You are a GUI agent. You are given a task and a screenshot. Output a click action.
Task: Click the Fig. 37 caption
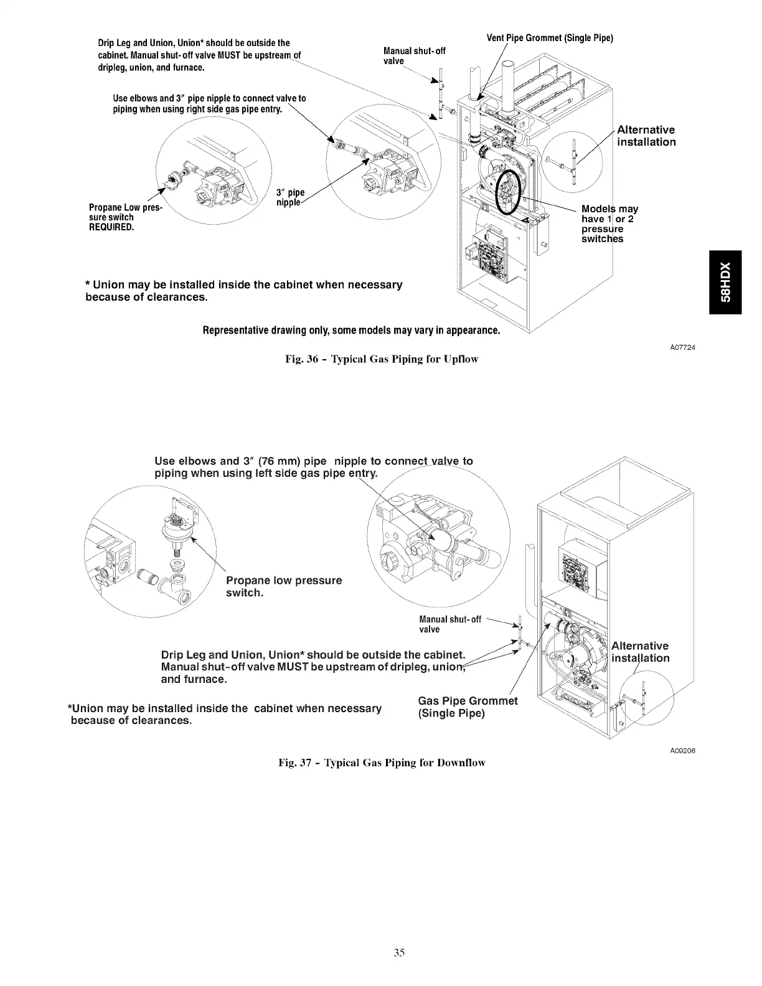click(x=382, y=762)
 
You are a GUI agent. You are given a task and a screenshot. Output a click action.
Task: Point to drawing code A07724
click(x=682, y=347)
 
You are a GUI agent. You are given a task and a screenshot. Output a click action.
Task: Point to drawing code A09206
click(x=682, y=751)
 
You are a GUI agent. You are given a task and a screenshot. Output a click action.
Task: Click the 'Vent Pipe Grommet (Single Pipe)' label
click(x=550, y=38)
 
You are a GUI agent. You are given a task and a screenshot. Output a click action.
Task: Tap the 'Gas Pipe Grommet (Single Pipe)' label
click(x=468, y=707)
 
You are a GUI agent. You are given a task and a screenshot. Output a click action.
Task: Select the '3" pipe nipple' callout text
click(x=290, y=197)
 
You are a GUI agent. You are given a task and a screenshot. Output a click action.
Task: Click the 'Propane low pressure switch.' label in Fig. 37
click(x=283, y=586)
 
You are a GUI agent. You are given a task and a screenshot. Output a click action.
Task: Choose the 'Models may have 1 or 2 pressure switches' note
click(x=609, y=223)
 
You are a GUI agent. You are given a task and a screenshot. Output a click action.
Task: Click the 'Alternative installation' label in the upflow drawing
click(x=646, y=136)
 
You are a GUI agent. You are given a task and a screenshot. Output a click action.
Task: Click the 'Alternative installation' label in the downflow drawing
click(x=641, y=652)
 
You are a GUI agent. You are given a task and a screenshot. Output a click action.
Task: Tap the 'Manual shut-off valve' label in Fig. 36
click(x=415, y=55)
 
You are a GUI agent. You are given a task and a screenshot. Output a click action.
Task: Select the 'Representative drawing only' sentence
click(x=352, y=329)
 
